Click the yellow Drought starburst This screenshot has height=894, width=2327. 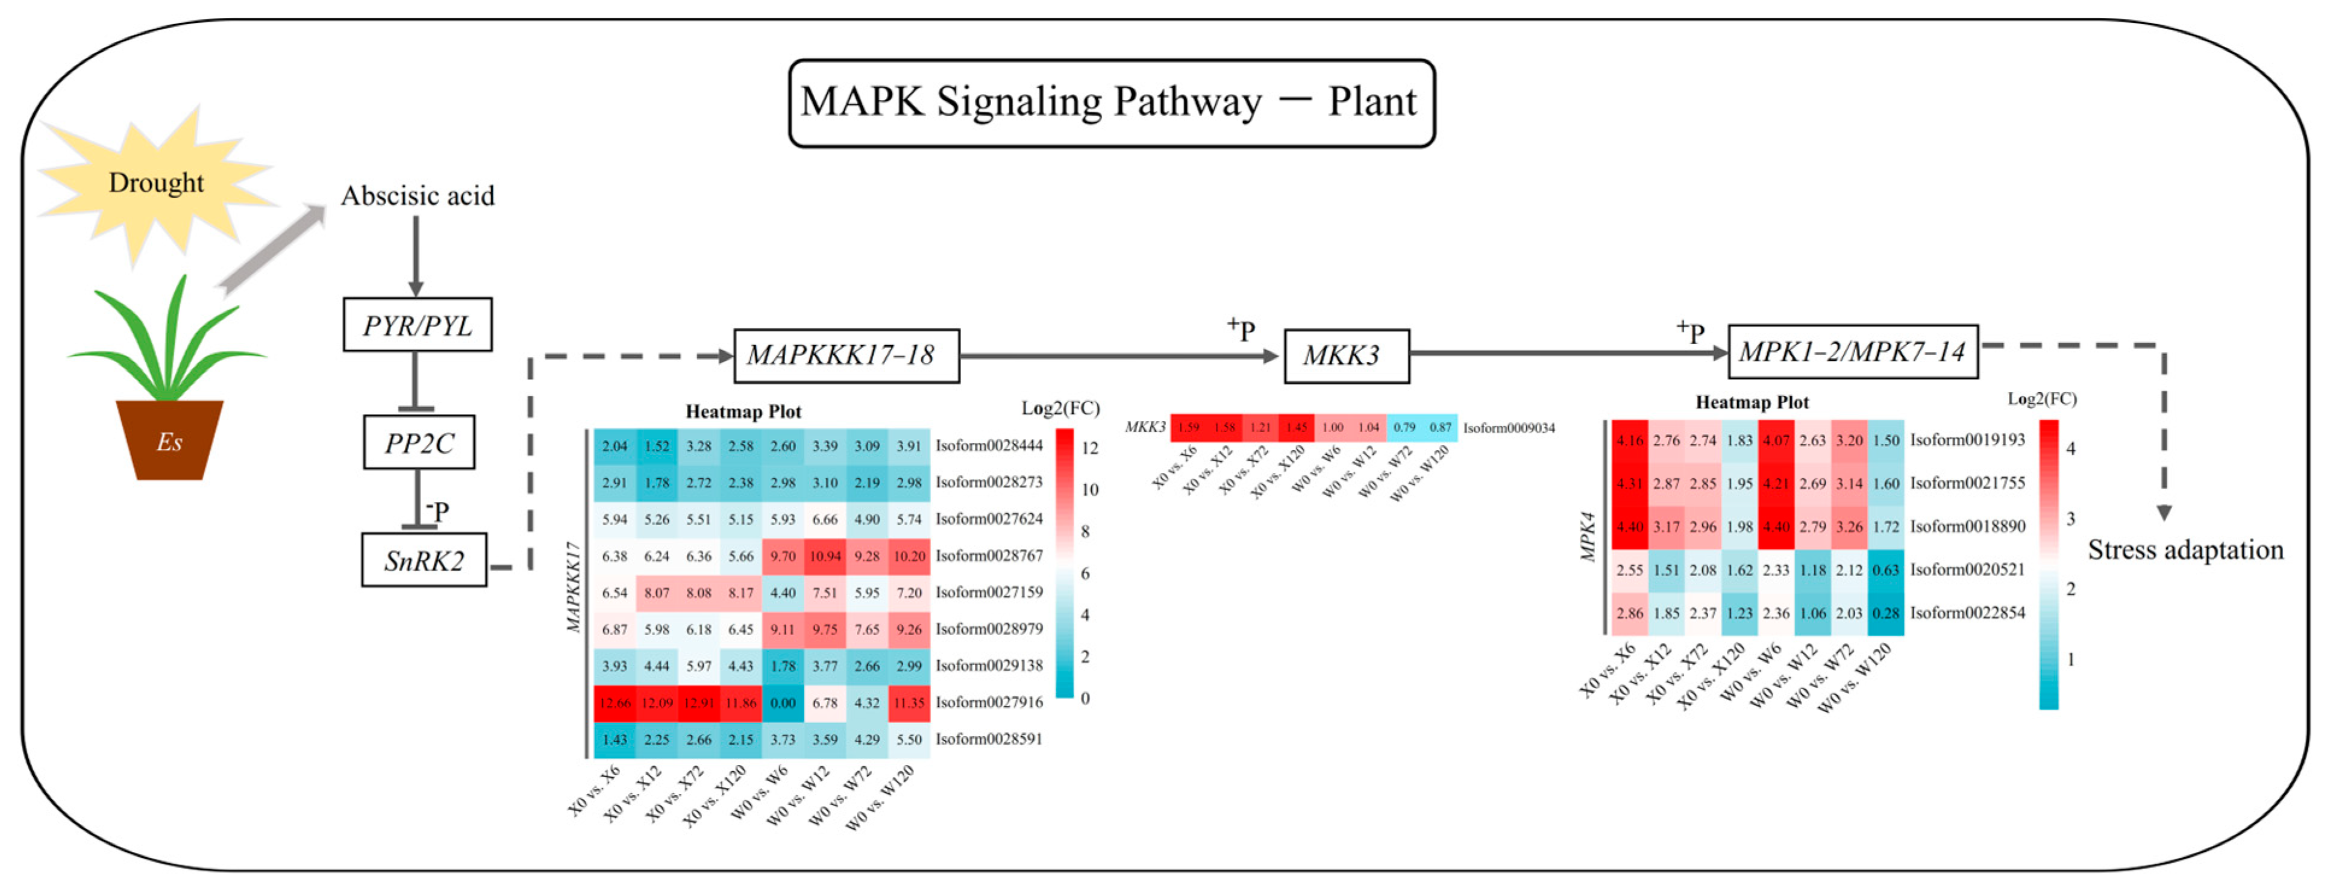pyautogui.click(x=155, y=183)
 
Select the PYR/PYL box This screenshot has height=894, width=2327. pyautogui.click(x=418, y=325)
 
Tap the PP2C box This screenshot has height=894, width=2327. pyautogui.click(x=419, y=443)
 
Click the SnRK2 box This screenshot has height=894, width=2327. pyautogui.click(x=424, y=561)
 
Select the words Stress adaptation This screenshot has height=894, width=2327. pyautogui.click(x=2184, y=550)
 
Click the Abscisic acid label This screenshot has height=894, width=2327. pyautogui.click(x=418, y=196)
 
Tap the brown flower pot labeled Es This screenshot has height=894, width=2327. pyautogui.click(x=169, y=441)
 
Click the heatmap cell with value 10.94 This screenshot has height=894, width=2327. pyautogui.click(x=825, y=556)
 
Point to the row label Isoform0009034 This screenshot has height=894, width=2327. pyautogui.click(x=1509, y=428)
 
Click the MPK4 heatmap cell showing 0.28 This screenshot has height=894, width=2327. pyautogui.click(x=1885, y=614)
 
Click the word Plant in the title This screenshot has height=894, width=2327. pyautogui.click(x=1371, y=102)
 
